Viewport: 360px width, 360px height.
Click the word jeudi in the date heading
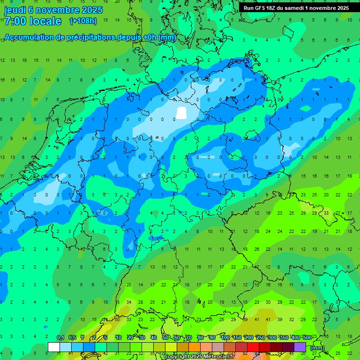15,10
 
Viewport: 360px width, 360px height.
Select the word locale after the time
45,21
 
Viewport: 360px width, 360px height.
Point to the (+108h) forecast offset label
83,21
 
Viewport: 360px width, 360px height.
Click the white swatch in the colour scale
54,347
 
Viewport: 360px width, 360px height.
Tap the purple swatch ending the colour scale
300,347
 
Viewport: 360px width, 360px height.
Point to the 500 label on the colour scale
307,338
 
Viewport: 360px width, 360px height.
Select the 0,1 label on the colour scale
60,338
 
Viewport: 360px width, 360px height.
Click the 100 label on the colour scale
225,338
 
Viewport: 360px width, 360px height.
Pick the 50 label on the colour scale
165,338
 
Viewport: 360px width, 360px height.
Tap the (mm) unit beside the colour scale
317,347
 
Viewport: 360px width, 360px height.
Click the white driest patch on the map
181,113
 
